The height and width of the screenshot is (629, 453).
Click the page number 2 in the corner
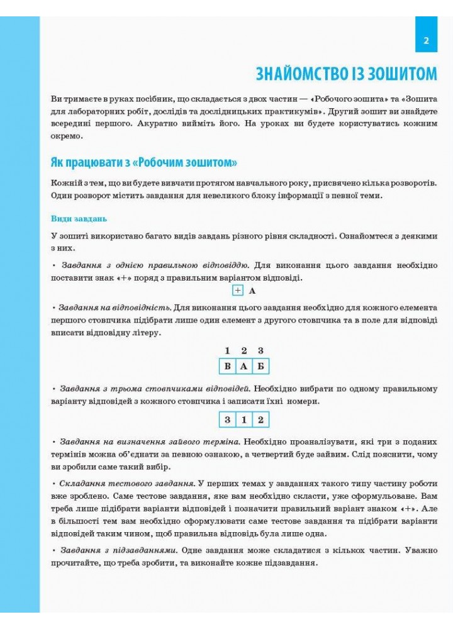point(426,42)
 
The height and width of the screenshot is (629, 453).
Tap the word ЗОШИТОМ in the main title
point(401,74)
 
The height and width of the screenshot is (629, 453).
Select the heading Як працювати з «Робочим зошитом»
point(143,162)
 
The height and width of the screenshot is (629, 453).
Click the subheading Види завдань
point(79,219)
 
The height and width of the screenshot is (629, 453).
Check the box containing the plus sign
point(237,291)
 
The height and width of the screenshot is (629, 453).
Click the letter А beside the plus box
point(252,291)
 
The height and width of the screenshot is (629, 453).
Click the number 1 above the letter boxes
point(227,350)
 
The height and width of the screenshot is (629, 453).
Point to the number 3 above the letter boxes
point(260,350)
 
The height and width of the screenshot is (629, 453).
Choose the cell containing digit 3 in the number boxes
point(227,420)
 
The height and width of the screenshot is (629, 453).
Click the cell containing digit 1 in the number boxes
point(243,420)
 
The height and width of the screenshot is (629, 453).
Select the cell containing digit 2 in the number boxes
point(260,420)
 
